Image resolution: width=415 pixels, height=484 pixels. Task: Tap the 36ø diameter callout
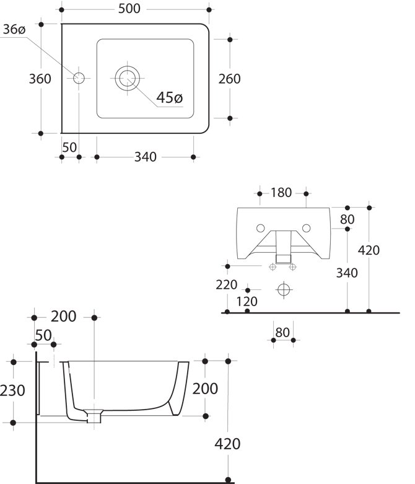(13, 30)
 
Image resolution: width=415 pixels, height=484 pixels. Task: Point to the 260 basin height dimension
(229, 79)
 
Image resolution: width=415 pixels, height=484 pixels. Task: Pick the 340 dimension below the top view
(145, 157)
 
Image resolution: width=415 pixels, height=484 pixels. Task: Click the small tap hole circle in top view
(79, 78)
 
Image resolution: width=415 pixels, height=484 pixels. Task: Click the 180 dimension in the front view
(281, 193)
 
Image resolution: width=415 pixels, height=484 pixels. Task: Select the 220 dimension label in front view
(228, 284)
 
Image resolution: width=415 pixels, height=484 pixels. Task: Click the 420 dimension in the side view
(228, 443)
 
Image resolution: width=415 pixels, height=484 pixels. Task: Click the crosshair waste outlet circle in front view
(283, 289)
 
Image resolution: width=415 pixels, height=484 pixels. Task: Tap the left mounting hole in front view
(261, 227)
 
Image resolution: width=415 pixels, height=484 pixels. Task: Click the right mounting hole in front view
(305, 227)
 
